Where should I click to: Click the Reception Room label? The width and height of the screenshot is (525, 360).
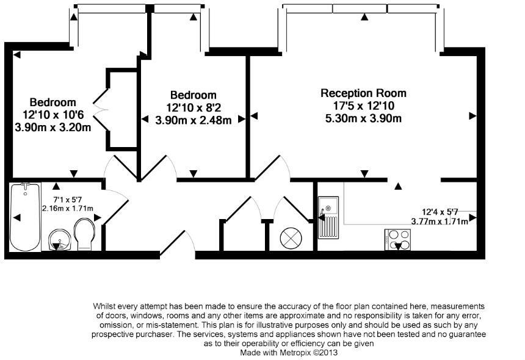363,93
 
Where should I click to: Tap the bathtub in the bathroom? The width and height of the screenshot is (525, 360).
25,217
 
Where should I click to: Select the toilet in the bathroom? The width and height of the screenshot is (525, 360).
84,234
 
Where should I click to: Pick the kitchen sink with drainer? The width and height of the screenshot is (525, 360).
328,217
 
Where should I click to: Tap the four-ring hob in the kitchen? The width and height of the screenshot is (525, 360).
398,240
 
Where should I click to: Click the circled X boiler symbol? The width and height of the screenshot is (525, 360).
291,239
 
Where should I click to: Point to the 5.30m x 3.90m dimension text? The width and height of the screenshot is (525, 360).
363,118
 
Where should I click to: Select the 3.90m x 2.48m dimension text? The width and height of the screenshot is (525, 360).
193,120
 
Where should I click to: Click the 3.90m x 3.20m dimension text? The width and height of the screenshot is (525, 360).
53,128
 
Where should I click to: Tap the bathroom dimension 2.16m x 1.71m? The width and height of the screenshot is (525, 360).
68,209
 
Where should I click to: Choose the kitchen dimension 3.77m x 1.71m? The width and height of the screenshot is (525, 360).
440,221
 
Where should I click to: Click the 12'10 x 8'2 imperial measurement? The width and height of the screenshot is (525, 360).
194,108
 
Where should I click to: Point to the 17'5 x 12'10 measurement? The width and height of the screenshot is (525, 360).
363,106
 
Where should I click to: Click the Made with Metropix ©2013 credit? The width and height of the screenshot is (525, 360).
289,353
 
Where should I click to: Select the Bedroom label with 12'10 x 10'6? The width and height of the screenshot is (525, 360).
53,102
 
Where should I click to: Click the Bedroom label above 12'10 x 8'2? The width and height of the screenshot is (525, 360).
194,95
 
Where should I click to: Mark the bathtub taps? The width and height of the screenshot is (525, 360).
26,185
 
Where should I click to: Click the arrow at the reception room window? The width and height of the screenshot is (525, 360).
364,16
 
